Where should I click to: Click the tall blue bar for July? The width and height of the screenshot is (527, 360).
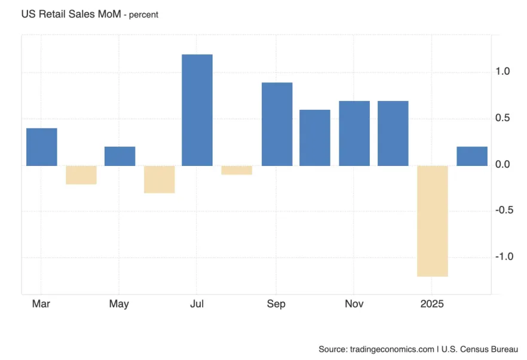tap(197, 110)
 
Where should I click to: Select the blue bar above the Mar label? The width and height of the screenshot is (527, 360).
tap(42, 147)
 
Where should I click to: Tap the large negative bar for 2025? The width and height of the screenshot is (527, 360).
tap(432, 221)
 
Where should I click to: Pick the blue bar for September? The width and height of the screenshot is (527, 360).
tap(277, 124)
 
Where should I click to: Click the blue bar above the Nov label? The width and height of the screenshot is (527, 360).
tap(354, 133)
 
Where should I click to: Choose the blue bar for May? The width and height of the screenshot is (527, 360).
tap(120, 156)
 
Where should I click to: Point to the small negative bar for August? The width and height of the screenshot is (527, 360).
tap(237, 170)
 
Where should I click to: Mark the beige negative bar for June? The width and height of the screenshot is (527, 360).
tap(159, 179)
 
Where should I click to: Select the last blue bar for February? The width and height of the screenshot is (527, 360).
tap(471, 156)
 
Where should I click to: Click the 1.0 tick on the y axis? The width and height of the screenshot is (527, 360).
tap(503, 72)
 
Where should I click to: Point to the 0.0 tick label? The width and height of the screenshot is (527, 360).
tap(503, 165)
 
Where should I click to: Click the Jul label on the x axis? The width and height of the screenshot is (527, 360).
tap(197, 304)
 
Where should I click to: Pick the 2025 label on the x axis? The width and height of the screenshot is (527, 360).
tap(432, 304)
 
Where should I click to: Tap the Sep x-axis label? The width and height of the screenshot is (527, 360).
tap(276, 304)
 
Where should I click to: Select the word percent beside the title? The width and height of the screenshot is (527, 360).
tap(140, 15)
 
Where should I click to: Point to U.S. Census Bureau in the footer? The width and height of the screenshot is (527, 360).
tap(481, 349)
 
